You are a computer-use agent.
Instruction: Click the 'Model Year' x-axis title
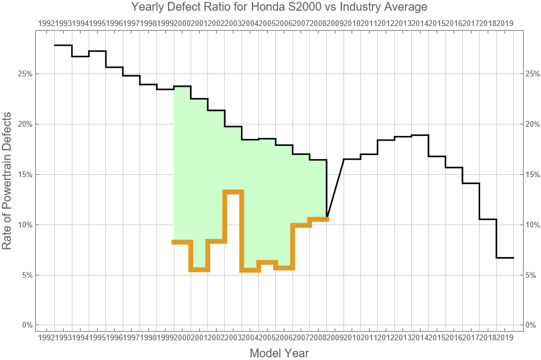pos(279,353)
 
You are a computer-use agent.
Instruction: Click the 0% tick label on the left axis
pos(26,325)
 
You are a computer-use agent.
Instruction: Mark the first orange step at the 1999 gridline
pos(182,242)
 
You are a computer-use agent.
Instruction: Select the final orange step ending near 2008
pos(318,219)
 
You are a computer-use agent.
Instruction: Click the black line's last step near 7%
pos(505,258)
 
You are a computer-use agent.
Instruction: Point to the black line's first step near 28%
pos(63,45)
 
